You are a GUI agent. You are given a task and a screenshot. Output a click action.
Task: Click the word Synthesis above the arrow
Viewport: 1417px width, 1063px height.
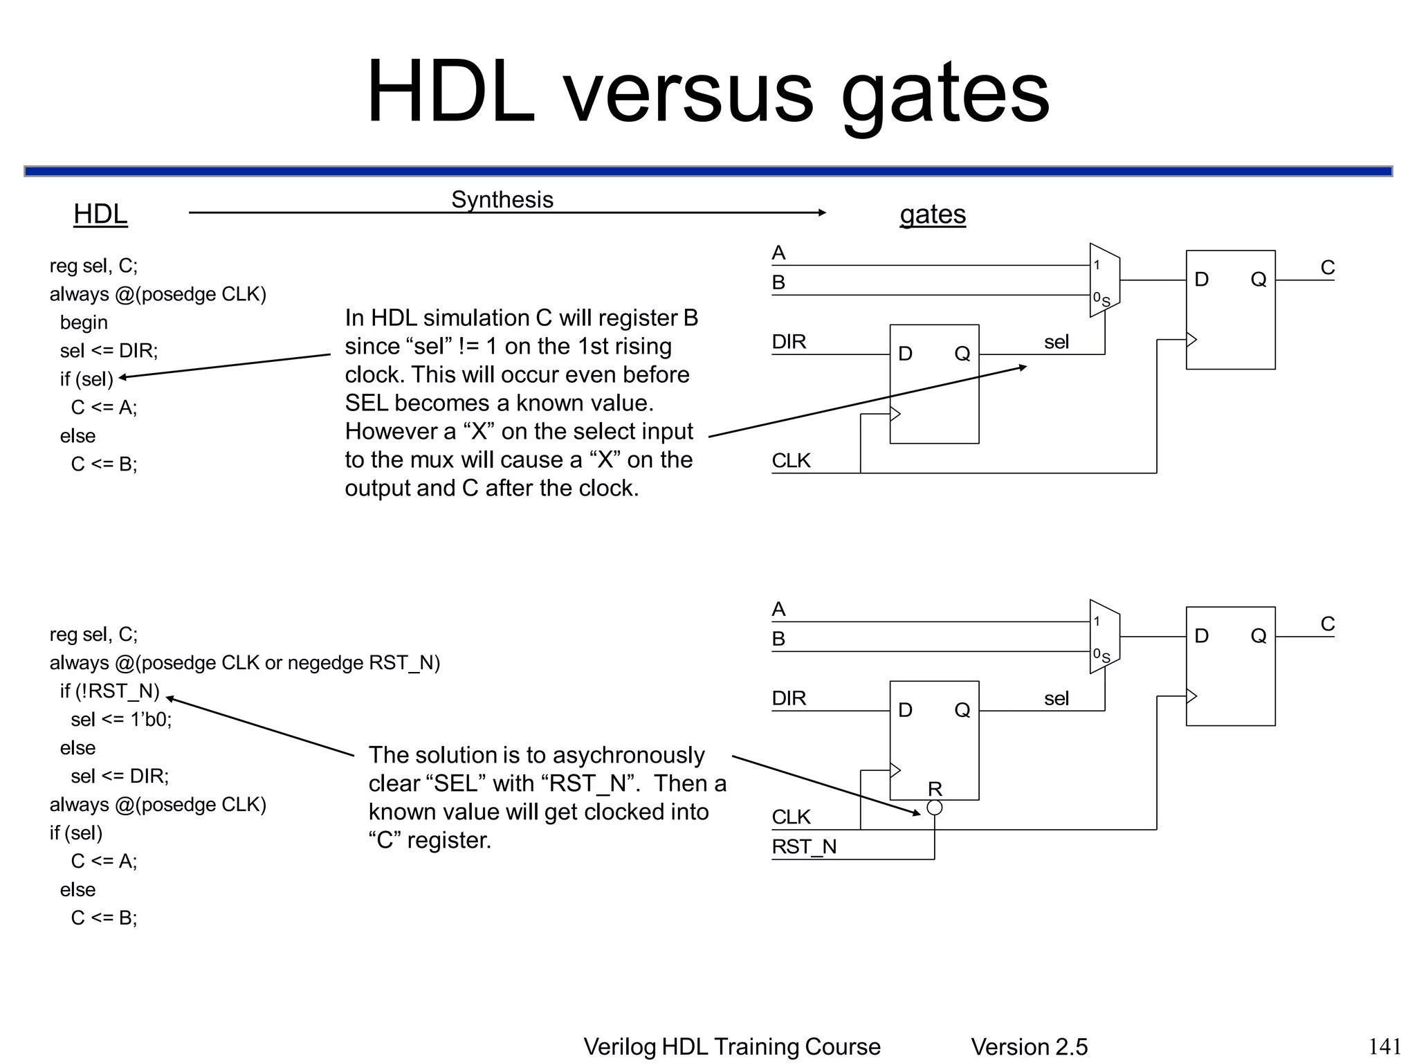[502, 199]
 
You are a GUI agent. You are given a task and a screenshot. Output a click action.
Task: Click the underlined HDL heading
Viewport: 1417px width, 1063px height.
[100, 214]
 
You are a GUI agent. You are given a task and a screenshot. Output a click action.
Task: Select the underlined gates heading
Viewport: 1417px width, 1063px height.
[932, 214]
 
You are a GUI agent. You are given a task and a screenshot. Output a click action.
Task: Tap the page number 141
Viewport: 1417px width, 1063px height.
[1385, 1046]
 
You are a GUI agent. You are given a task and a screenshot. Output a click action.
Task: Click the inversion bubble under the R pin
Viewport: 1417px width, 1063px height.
[934, 808]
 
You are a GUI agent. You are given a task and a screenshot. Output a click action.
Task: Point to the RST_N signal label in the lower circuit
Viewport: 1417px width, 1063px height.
[804, 846]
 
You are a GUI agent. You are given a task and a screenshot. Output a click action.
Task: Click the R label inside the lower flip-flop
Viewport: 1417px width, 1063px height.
[935, 788]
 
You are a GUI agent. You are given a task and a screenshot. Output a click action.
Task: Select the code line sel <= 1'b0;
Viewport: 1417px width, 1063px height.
[121, 719]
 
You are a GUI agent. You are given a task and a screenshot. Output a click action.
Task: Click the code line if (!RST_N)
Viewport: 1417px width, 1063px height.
[109, 691]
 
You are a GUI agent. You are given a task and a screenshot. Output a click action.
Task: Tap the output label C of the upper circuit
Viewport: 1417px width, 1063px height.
[1327, 267]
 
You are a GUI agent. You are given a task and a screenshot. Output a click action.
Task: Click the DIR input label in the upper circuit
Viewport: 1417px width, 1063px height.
[789, 341]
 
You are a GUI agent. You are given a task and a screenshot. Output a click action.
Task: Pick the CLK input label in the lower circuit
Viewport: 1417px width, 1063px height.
[791, 817]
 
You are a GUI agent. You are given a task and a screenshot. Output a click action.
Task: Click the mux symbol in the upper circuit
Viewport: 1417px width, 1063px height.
[1104, 280]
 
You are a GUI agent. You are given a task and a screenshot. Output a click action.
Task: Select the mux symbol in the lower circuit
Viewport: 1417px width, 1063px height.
[1104, 637]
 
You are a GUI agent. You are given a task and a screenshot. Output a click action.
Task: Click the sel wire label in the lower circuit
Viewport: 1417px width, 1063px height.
[1057, 698]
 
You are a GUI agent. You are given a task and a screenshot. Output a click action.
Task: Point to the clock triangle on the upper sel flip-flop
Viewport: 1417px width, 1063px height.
[895, 414]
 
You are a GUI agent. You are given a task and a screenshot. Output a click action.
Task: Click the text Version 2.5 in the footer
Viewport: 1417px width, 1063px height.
[1029, 1046]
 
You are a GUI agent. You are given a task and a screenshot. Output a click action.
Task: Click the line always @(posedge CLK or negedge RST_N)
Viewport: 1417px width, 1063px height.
[244, 662]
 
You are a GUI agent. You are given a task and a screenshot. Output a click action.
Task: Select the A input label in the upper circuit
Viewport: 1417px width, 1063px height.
[778, 253]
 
